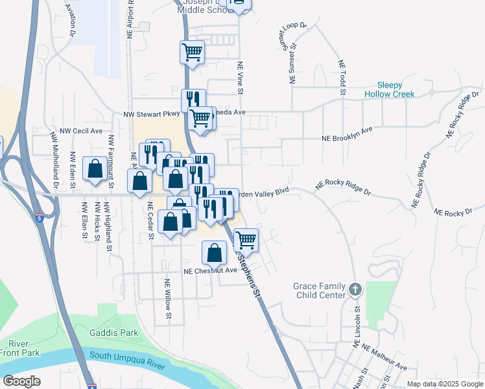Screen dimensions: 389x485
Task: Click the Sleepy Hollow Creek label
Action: [x=395, y=89]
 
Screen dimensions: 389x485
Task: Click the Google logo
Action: [x=21, y=381]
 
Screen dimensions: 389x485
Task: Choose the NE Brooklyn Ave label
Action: [x=348, y=134]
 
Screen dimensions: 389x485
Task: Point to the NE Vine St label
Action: [x=239, y=78]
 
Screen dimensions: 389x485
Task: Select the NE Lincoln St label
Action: [x=357, y=327]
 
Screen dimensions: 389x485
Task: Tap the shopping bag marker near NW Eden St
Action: [x=95, y=169]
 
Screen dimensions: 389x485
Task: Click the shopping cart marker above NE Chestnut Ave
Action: [x=246, y=240]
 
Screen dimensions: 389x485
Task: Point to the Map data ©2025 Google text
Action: [x=445, y=384]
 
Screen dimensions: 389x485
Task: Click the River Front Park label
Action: [x=20, y=348]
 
